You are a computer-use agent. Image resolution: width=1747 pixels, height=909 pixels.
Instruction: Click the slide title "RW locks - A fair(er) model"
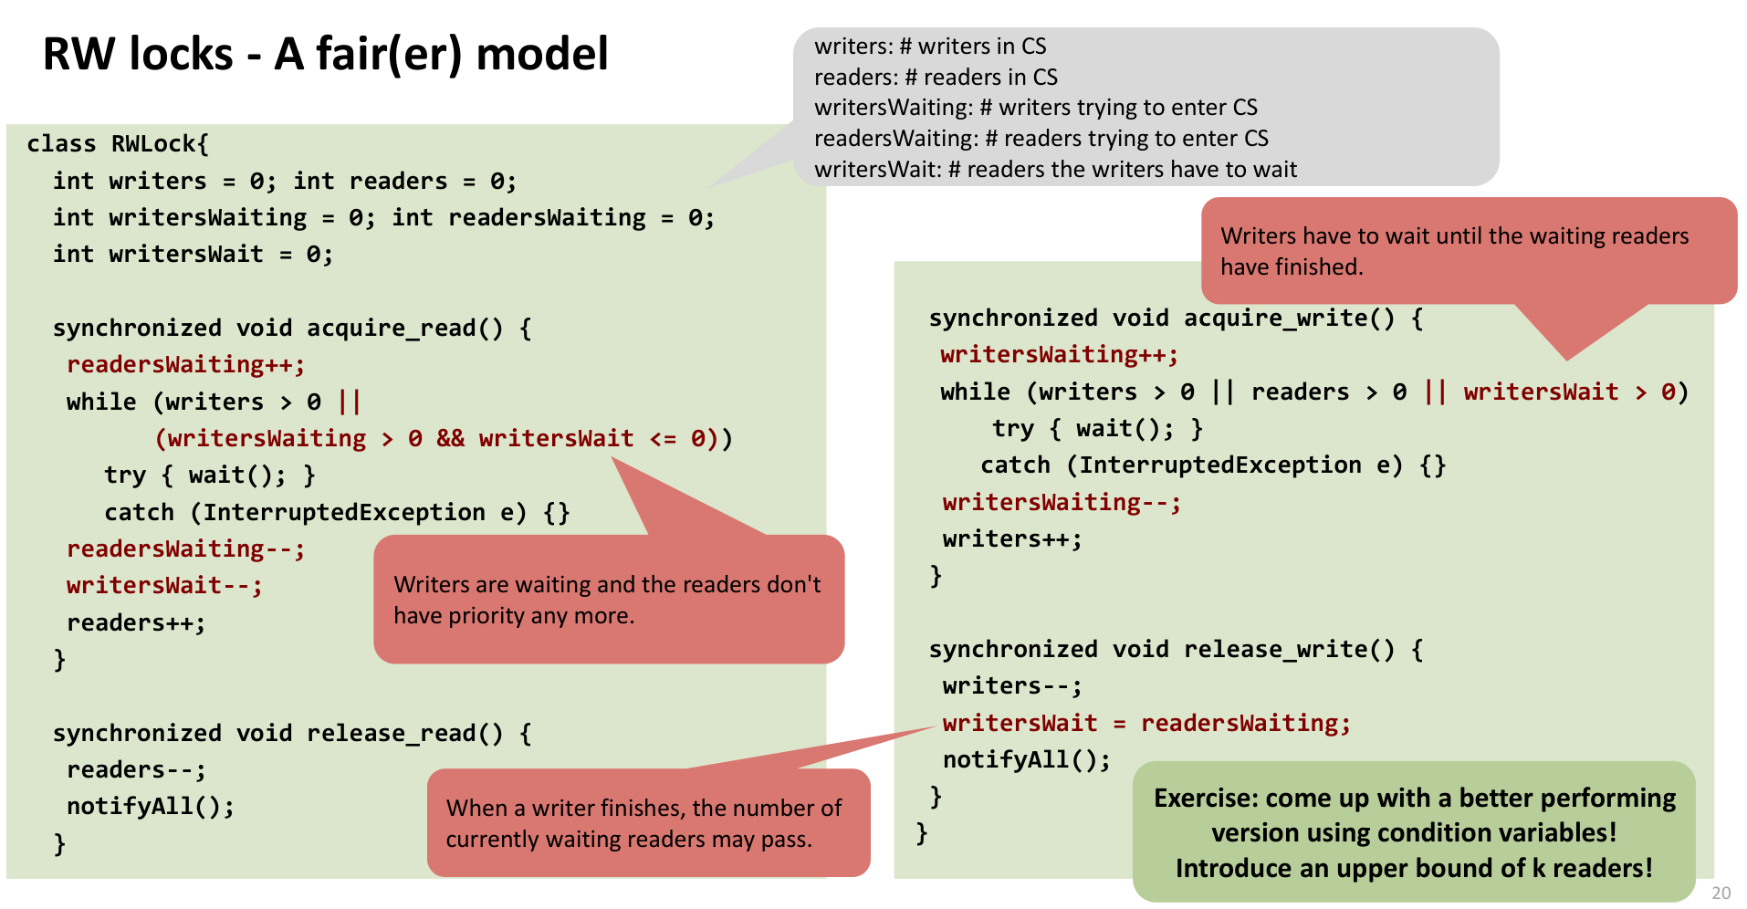pos(325,54)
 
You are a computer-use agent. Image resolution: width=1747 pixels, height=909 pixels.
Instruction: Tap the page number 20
pos(1721,893)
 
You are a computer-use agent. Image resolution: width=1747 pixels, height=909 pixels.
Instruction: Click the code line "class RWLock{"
pos(118,144)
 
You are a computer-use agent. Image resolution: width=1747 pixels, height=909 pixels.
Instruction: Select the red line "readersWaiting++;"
pos(185,365)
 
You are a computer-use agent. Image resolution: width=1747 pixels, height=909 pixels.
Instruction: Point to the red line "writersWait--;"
pos(164,586)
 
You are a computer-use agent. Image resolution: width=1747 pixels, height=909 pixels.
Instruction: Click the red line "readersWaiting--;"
pos(185,549)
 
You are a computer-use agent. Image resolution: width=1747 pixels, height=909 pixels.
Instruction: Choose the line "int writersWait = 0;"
pos(193,255)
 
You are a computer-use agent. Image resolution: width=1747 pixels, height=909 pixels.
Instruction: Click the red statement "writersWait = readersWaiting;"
pos(1146,724)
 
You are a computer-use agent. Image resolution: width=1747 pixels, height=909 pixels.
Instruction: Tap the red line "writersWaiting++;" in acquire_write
pos(1059,355)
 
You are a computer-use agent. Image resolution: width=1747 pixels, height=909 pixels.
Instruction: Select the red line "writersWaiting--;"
pos(1062,503)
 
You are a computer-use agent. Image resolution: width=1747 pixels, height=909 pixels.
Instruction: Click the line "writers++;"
pos(1012,539)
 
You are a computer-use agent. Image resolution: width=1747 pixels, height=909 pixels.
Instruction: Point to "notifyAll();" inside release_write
pos(1026,760)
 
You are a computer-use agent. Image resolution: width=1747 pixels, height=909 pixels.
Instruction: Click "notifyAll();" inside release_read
pos(151,807)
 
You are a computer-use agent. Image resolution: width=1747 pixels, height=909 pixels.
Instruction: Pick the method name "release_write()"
pos(1289,650)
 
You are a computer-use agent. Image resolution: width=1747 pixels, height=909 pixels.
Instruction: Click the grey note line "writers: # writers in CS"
pos(930,47)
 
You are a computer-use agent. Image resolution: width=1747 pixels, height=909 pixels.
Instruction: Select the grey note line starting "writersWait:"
pos(1055,170)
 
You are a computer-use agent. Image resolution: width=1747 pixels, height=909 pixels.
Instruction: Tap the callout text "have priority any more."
pos(514,616)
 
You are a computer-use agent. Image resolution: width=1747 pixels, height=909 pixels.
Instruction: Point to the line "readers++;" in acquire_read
pos(136,623)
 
